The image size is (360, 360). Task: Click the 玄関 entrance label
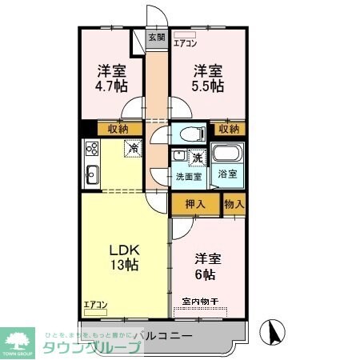pos(157,37)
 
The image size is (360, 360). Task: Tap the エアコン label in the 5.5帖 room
pos(186,44)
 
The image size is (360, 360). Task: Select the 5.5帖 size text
pos(207,86)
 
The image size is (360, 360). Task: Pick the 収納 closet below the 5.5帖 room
pos(229,128)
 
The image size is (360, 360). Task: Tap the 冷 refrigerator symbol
pos(133,149)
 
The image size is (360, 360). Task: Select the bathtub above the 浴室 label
pos(228,155)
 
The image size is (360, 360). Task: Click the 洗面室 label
pos(189,176)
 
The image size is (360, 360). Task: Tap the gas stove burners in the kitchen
pos(90,149)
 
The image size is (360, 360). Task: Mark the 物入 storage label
pos(234,204)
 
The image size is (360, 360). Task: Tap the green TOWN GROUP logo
pos(20,339)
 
